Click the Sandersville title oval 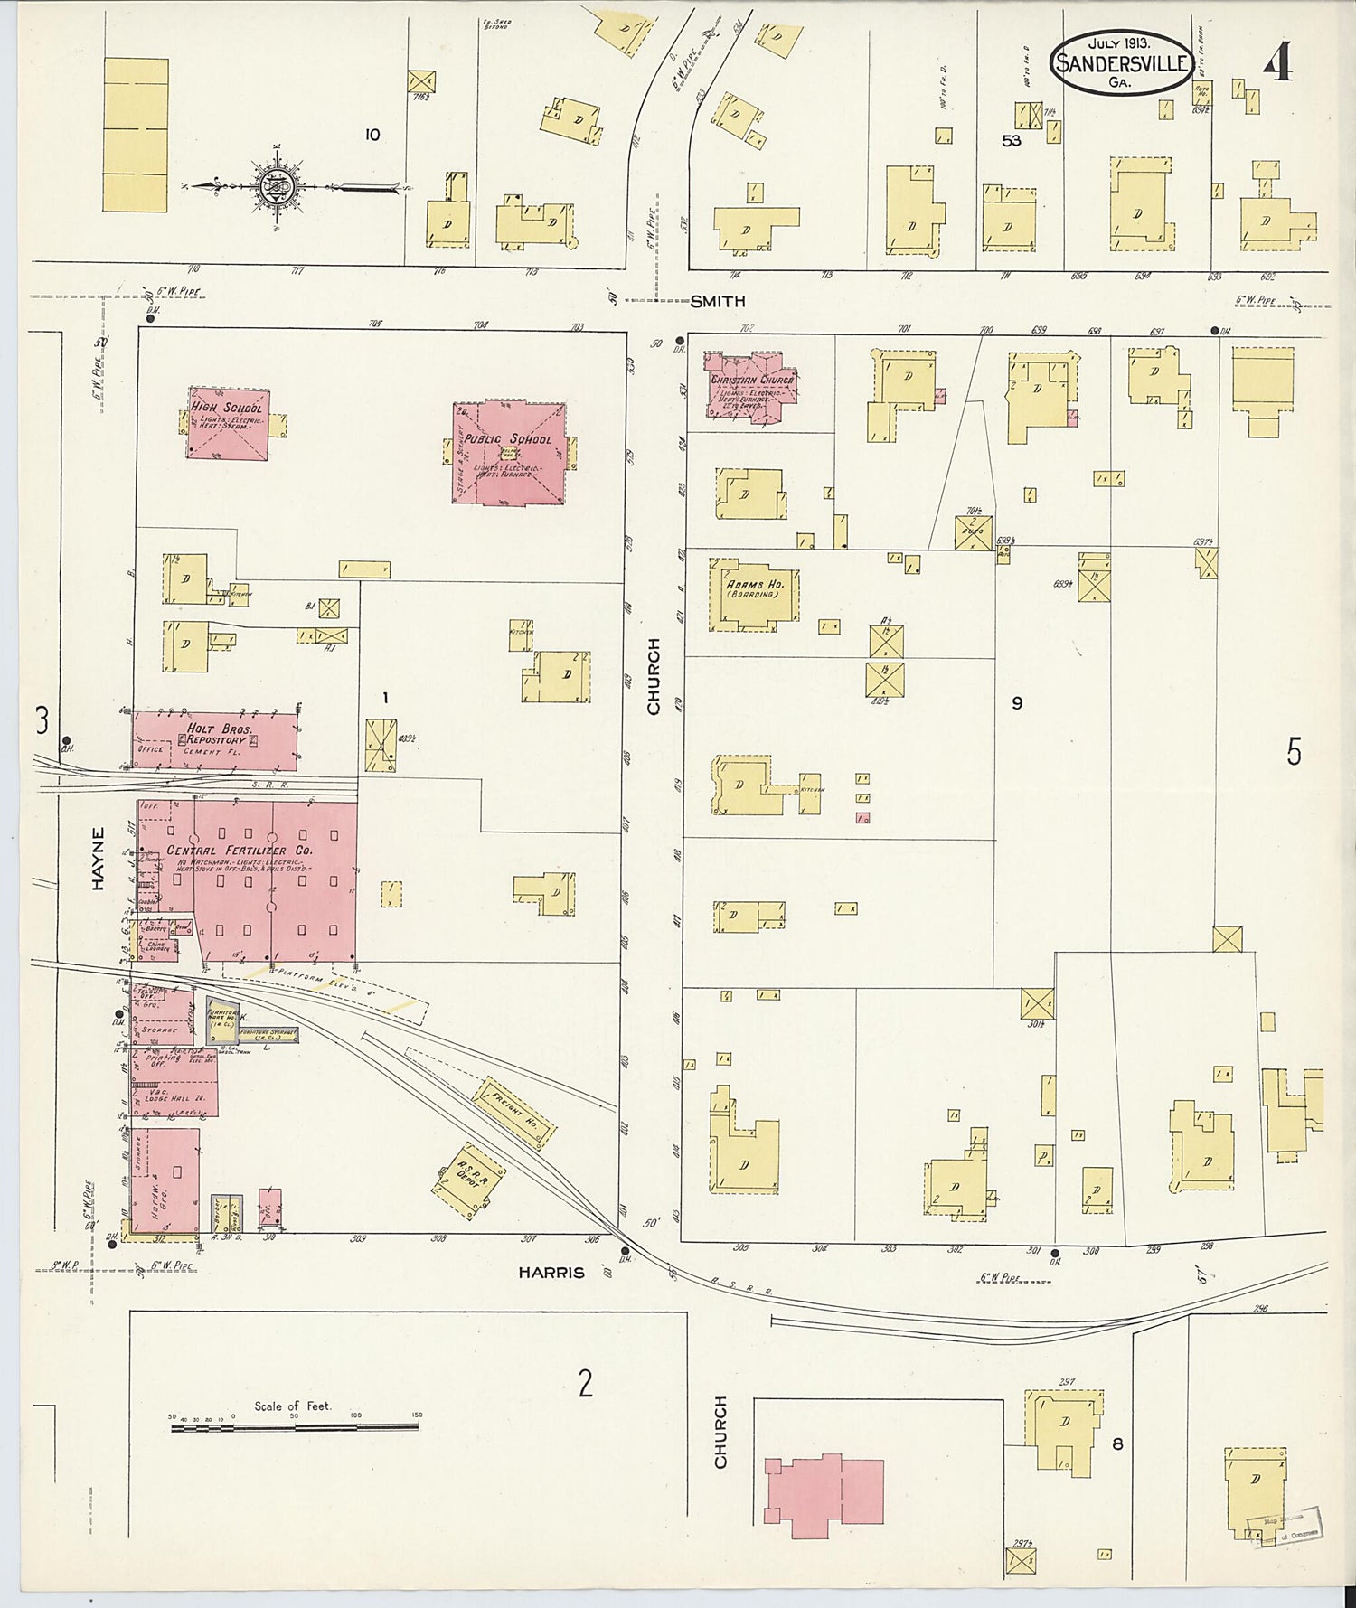[1121, 62]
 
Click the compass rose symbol [273, 187]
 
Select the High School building [229, 423]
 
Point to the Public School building [509, 453]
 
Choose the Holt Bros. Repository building [215, 740]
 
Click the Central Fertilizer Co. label [240, 851]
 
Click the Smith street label [717, 301]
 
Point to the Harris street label [551, 1272]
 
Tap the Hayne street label [98, 858]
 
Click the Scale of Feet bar [295, 1427]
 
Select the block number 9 [1017, 702]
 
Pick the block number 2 [586, 1382]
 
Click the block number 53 [1011, 140]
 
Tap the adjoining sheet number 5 [1294, 751]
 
